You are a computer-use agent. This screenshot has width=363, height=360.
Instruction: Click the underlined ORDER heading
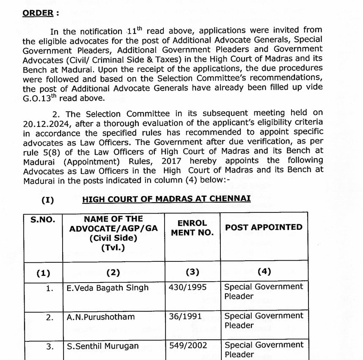[38, 13]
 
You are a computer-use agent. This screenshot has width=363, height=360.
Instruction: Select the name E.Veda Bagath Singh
[108, 288]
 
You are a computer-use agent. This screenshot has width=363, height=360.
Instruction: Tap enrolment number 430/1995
[187, 288]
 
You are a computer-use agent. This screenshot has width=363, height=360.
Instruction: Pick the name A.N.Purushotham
[101, 317]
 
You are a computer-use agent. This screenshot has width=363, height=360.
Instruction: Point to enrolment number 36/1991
[185, 316]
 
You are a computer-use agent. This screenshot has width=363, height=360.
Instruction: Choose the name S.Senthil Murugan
[103, 346]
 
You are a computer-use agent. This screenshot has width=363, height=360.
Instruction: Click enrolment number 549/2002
[188, 346]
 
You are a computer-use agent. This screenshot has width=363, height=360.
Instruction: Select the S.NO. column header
[42, 220]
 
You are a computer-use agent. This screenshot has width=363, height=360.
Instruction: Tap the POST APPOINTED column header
[264, 228]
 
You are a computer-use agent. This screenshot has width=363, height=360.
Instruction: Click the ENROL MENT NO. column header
[192, 228]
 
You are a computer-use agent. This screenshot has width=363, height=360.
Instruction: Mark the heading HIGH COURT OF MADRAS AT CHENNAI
[166, 199]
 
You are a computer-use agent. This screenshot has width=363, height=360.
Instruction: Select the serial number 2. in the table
[50, 317]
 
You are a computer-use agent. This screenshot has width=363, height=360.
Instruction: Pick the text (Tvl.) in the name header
[113, 247]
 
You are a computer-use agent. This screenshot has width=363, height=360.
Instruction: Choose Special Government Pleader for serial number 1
[263, 291]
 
